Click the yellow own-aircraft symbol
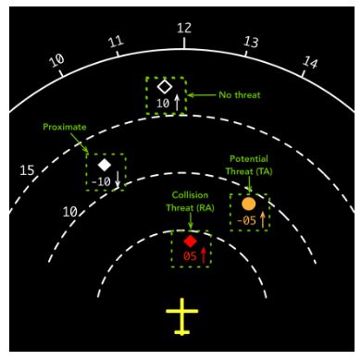pyautogui.click(x=182, y=317)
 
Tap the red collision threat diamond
pyautogui.click(x=190, y=242)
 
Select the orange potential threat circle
pyautogui.click(x=248, y=204)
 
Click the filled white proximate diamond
pyautogui.click(x=105, y=165)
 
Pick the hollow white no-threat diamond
pyautogui.click(x=164, y=86)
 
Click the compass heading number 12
pyautogui.click(x=183, y=29)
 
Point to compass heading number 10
pyautogui.click(x=56, y=59)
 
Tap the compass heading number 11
pyautogui.click(x=116, y=41)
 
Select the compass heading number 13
pyautogui.click(x=251, y=42)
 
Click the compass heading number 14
pyautogui.click(x=309, y=62)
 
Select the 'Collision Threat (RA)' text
pyautogui.click(x=190, y=201)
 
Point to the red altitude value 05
pyautogui.click(x=190, y=255)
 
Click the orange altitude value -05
pyautogui.click(x=245, y=220)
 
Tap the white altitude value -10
pyautogui.click(x=101, y=181)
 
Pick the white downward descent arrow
pyautogui.click(x=118, y=180)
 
